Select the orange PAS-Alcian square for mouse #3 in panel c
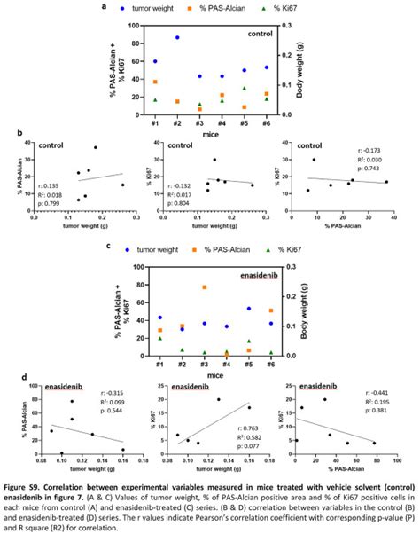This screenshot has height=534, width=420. point(204,287)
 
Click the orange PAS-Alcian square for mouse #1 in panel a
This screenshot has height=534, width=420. point(156,82)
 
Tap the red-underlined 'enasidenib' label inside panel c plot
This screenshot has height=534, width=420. point(260,277)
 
